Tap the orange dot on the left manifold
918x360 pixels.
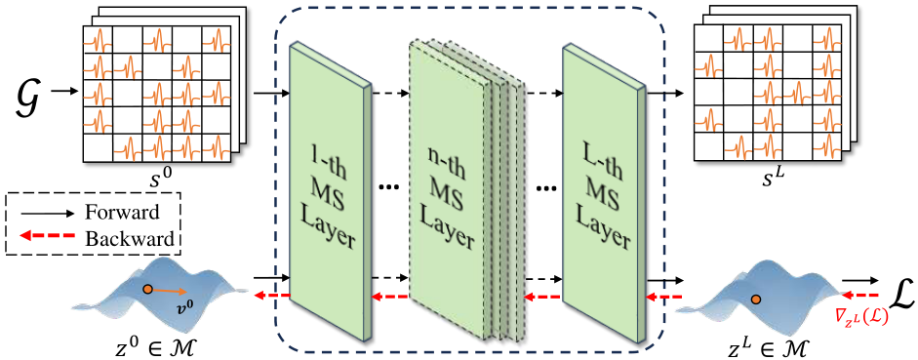click(146, 289)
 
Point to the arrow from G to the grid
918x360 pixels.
click(62, 94)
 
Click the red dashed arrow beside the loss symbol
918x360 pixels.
click(856, 295)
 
